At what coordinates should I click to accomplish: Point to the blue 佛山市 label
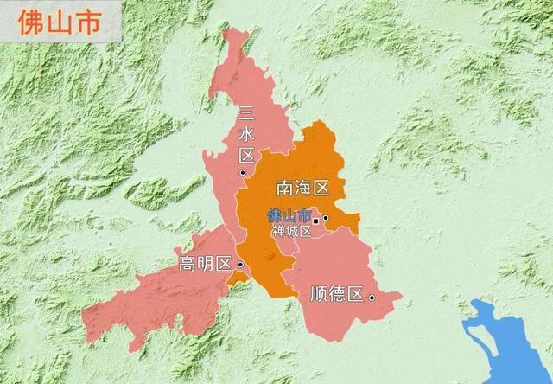[x=289, y=215]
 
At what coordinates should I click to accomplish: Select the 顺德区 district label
[x=336, y=294]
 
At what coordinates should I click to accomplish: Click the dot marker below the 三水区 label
[x=244, y=172]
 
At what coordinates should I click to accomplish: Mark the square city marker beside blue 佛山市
[x=315, y=221]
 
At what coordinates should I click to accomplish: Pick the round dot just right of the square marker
[x=326, y=218]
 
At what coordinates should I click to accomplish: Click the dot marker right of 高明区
[x=239, y=264]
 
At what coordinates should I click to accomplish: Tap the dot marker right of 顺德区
[x=372, y=298]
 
